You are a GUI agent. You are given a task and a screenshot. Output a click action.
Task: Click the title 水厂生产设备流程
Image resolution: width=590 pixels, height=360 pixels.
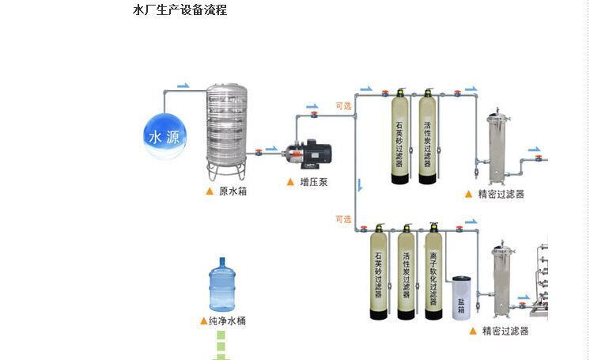(x=180, y=10)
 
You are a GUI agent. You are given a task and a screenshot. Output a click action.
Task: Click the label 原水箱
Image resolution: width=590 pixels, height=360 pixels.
(x=233, y=191)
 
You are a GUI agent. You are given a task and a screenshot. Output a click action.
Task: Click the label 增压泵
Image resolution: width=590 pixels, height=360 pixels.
(x=314, y=182)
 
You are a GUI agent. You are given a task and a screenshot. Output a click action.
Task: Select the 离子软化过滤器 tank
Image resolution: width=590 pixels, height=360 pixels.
(x=433, y=273)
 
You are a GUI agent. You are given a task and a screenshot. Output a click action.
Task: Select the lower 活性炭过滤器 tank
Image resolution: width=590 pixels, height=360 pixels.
(x=407, y=273)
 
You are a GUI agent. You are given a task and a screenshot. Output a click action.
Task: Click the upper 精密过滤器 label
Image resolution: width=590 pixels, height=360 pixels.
(x=501, y=194)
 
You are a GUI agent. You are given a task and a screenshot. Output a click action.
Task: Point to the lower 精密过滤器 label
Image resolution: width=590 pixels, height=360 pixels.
(x=505, y=331)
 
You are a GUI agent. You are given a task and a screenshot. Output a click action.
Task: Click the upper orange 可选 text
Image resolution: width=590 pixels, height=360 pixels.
(x=343, y=105)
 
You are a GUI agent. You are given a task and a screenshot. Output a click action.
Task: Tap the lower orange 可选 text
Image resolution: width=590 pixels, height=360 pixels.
(x=343, y=219)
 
